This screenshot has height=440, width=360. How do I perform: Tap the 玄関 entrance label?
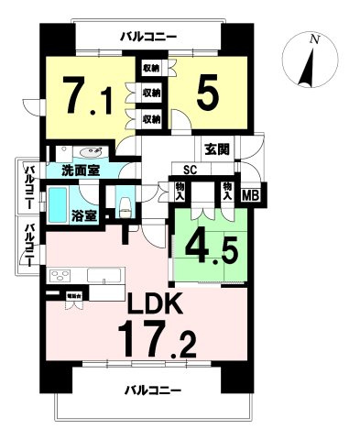(216, 149)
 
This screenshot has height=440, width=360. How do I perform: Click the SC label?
(191, 170)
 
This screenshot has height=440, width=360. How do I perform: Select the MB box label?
(249, 193)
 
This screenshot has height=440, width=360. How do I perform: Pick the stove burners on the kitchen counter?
(61, 276)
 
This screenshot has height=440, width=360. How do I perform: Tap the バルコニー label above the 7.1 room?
(147, 36)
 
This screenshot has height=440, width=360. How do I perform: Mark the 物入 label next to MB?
(226, 192)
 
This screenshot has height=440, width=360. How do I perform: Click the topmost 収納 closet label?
(151, 67)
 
